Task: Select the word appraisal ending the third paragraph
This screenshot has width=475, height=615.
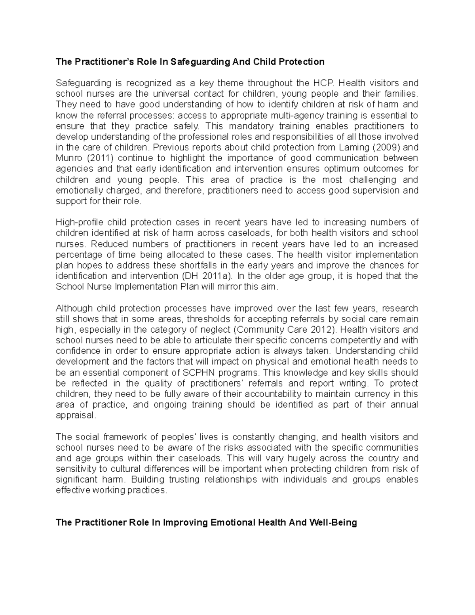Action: (x=75, y=415)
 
